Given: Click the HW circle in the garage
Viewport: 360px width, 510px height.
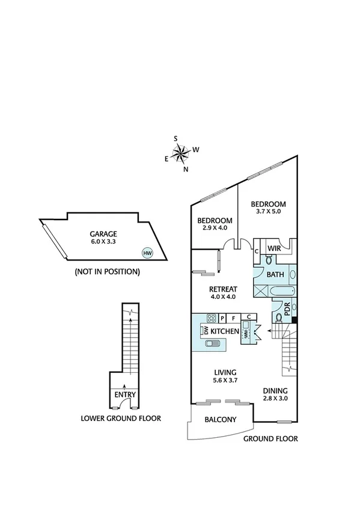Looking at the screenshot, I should click(147, 253).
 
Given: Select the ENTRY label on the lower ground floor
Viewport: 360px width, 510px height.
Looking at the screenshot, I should click(125, 395).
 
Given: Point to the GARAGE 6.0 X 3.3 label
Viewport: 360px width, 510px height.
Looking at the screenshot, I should click(103, 238).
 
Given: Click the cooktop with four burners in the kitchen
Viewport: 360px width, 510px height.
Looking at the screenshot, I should click(211, 318).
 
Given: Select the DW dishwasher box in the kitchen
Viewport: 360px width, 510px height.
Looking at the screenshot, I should click(206, 331).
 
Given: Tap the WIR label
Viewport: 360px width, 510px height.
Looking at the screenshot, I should click(275, 248).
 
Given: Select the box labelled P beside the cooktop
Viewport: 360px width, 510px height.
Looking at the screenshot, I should click(222, 318).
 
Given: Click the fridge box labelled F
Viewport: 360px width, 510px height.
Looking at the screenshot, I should click(233, 318).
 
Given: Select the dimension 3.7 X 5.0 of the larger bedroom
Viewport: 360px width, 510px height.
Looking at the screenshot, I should click(268, 212).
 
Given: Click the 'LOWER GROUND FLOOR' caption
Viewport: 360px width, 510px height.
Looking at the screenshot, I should click(121, 418).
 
